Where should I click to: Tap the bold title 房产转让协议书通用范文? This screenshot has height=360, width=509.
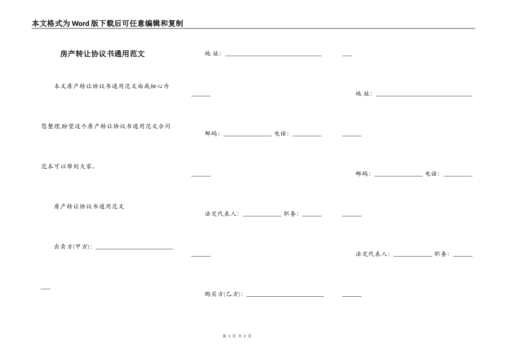tap(102, 54)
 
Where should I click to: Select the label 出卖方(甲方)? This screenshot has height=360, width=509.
tap(73, 247)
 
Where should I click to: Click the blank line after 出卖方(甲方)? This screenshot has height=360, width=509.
tap(134, 247)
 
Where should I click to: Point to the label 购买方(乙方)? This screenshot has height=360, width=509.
tap(223, 294)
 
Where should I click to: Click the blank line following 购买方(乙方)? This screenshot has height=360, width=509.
tap(285, 295)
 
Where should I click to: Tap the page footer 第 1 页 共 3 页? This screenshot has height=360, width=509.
tap(236, 336)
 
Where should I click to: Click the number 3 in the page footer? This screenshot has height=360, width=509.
tap(244, 336)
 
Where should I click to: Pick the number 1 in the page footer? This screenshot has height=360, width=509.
tap(229, 336)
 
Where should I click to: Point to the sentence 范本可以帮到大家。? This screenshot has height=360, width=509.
tap(69, 167)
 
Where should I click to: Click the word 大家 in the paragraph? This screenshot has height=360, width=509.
tap(87, 167)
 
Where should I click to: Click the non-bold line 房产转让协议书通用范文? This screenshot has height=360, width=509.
tap(89, 206)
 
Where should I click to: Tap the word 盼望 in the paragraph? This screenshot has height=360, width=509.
tap(68, 126)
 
